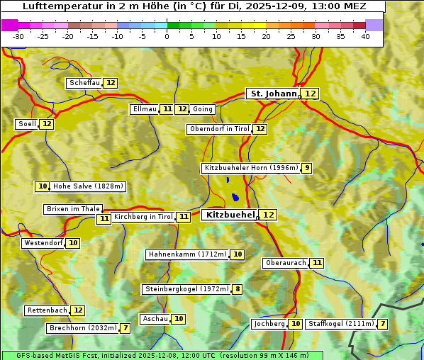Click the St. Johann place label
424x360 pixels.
click(x=273, y=94)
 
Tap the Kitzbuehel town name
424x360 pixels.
click(x=229, y=214)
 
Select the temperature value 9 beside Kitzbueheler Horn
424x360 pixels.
click(x=306, y=168)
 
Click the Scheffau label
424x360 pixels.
click(x=84, y=83)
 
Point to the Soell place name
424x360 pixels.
click(x=27, y=124)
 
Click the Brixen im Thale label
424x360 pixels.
click(x=73, y=209)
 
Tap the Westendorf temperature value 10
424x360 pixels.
click(x=73, y=243)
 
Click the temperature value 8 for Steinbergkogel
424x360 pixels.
click(x=237, y=289)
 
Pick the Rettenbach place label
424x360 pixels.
click(x=48, y=310)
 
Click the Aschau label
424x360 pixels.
click(x=155, y=319)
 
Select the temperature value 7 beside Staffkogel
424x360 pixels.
click(x=383, y=324)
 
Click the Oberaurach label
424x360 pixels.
click(x=285, y=263)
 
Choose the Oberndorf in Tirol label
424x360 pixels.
click(x=219, y=129)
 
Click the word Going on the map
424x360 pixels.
click(x=203, y=109)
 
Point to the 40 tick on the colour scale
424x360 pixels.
click(x=365, y=36)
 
